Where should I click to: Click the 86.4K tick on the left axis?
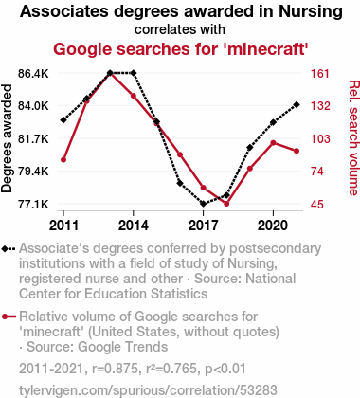coord(33,74)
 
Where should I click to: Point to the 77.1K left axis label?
coord(33,205)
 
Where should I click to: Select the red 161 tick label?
coord(320,74)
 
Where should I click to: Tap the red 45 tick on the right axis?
coord(317,205)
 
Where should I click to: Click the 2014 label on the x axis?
coord(134,226)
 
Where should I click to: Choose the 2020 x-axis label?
coord(273,226)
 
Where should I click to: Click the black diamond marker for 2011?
coord(63,120)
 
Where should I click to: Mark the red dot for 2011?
coord(63,160)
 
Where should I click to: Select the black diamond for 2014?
coord(134,73)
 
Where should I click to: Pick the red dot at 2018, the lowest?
coord(226,204)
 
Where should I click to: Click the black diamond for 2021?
coord(297,104)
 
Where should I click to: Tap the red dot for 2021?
coord(297,151)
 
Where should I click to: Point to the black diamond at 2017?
coord(204,204)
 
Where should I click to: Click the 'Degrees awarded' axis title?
coord(7,138)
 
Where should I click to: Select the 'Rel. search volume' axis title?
coord(353,137)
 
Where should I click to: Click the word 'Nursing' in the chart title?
coord(311,12)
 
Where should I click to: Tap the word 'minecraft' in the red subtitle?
coord(265,49)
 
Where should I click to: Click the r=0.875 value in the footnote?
coord(115,369)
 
